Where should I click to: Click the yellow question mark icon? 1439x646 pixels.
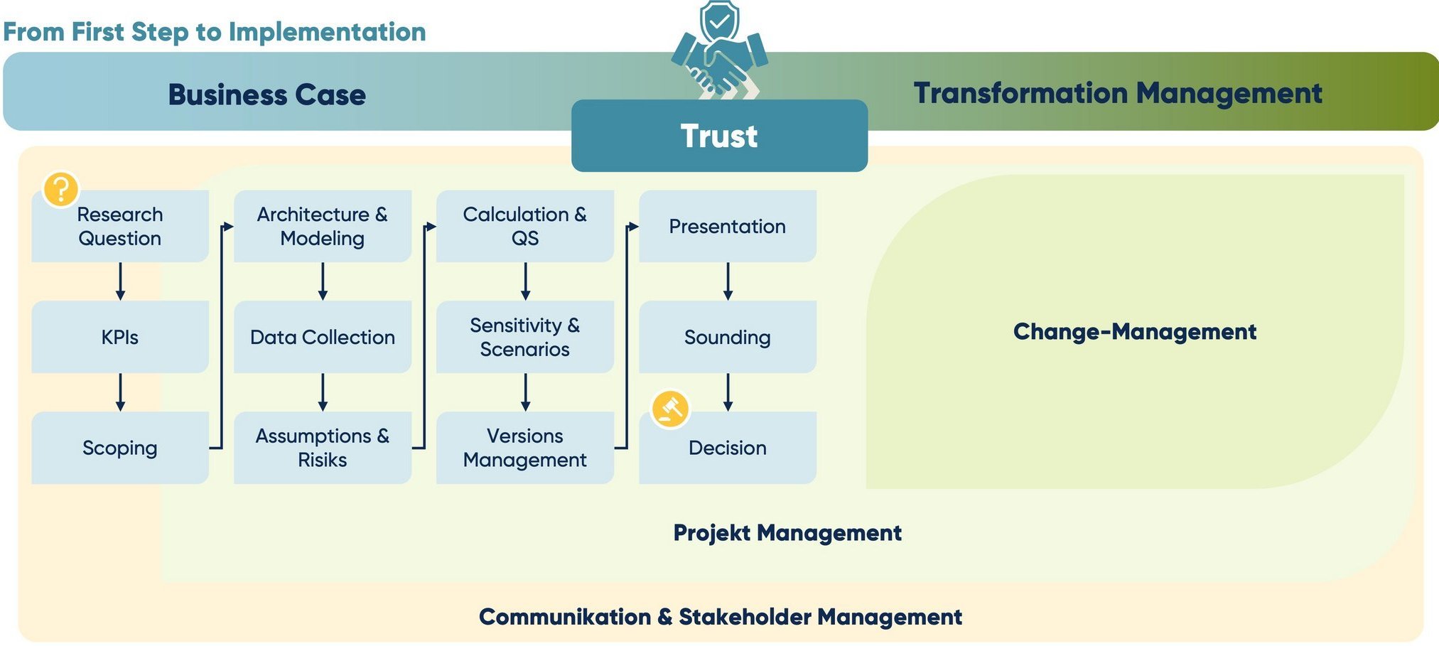pyautogui.click(x=60, y=189)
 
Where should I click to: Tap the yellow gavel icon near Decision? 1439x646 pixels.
pyautogui.click(x=670, y=409)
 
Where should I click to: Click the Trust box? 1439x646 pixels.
pyautogui.click(x=719, y=136)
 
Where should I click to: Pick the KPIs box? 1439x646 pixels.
pyautogui.click(x=120, y=337)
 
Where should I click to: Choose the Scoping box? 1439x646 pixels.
pyautogui.click(x=120, y=448)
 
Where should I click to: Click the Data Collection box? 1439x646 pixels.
pyautogui.click(x=322, y=337)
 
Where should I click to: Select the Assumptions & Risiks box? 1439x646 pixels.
pyautogui.click(x=322, y=448)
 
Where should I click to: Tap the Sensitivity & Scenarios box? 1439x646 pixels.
pyautogui.click(x=524, y=337)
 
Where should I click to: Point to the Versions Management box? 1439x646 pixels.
pyautogui.click(x=524, y=448)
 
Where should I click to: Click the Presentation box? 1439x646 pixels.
pyautogui.click(x=727, y=226)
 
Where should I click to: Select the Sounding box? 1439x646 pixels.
pyautogui.click(x=727, y=337)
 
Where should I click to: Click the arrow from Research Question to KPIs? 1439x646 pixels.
pyautogui.click(x=120, y=281)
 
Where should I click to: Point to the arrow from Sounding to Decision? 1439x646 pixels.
pyautogui.click(x=728, y=392)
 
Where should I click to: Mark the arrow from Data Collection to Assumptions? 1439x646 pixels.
pyautogui.click(x=323, y=392)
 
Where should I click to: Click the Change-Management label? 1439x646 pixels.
pyautogui.click(x=1134, y=331)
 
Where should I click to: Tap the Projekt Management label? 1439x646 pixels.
pyautogui.click(x=787, y=532)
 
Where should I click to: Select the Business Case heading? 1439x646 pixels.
pyautogui.click(x=267, y=95)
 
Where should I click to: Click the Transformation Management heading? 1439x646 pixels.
pyautogui.click(x=1117, y=93)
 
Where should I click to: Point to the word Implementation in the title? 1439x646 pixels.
pyautogui.click(x=327, y=32)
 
